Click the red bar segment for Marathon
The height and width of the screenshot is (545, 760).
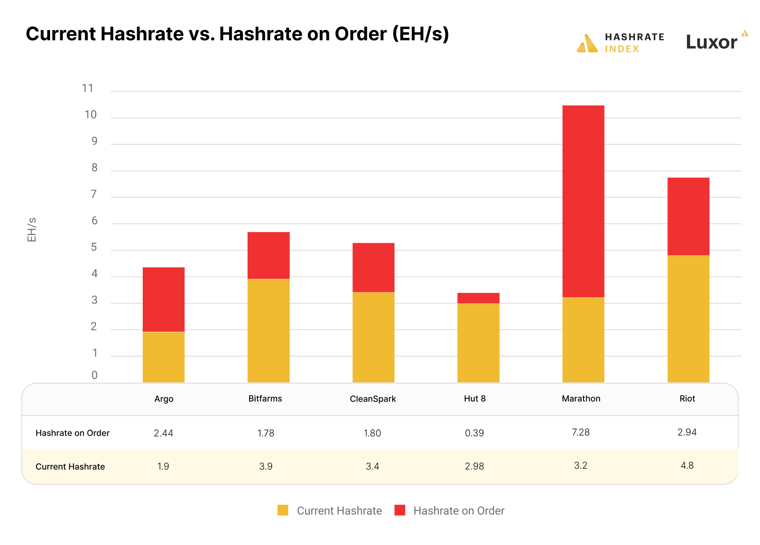tap(583, 202)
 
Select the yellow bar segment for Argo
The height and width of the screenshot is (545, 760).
tap(163, 357)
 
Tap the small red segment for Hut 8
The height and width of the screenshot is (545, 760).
tap(478, 298)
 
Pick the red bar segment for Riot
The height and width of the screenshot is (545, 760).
tap(688, 217)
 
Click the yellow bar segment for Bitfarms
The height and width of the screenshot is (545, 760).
tap(268, 330)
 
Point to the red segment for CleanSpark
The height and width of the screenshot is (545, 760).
tap(373, 268)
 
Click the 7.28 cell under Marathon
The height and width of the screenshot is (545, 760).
tap(580, 432)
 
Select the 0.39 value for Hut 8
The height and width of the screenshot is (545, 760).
tap(474, 433)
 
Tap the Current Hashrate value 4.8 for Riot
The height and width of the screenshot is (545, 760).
tap(687, 465)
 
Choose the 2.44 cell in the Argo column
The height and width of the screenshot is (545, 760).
tap(163, 433)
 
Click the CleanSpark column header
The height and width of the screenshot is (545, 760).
tap(373, 399)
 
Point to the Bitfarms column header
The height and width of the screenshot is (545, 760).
tap(265, 399)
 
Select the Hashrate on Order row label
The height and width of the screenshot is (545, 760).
tap(73, 433)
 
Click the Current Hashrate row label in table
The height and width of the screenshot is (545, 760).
tap(70, 467)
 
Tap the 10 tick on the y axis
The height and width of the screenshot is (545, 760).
tap(90, 115)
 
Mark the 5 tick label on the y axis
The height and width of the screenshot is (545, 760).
tap(94, 247)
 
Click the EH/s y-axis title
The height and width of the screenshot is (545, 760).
tap(32, 230)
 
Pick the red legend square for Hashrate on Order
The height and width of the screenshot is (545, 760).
tap(400, 510)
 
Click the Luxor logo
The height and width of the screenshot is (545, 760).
tap(712, 42)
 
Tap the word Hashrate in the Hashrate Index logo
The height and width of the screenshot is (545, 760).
tap(634, 37)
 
